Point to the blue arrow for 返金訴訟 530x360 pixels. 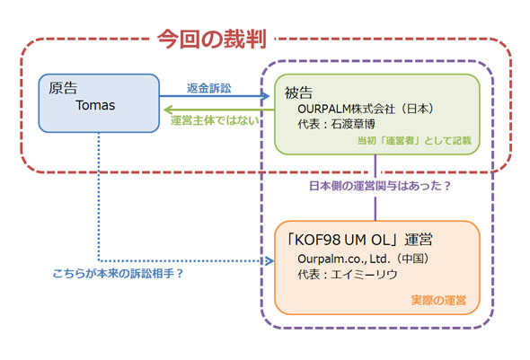[x=216, y=97]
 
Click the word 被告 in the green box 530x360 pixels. [x=299, y=92]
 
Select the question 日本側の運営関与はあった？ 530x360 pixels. [x=377, y=186]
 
